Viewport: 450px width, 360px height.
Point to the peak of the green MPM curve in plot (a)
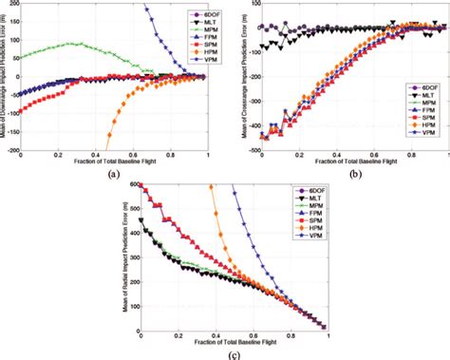coord(71,43)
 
